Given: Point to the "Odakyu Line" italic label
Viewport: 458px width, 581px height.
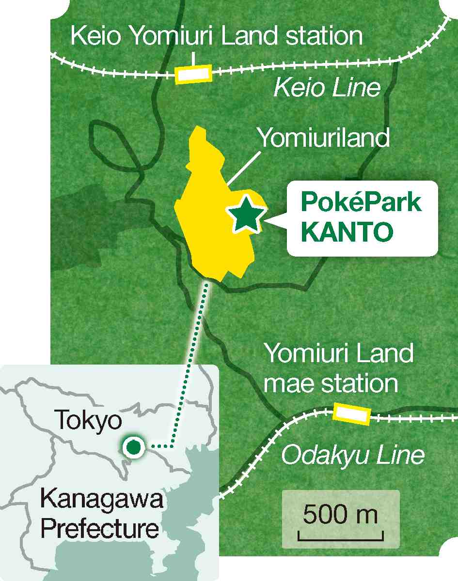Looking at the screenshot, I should click(x=353, y=455).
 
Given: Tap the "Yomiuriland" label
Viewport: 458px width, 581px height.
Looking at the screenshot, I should click(x=323, y=138).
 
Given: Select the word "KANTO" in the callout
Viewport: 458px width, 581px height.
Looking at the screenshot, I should click(x=346, y=233).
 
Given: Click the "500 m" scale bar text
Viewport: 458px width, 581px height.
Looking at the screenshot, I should click(x=341, y=515).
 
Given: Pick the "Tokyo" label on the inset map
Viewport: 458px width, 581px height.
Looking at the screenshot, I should click(x=88, y=421).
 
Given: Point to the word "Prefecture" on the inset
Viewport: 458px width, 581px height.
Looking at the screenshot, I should click(x=100, y=529).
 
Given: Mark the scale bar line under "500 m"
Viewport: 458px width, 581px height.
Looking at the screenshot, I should click(x=341, y=538).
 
